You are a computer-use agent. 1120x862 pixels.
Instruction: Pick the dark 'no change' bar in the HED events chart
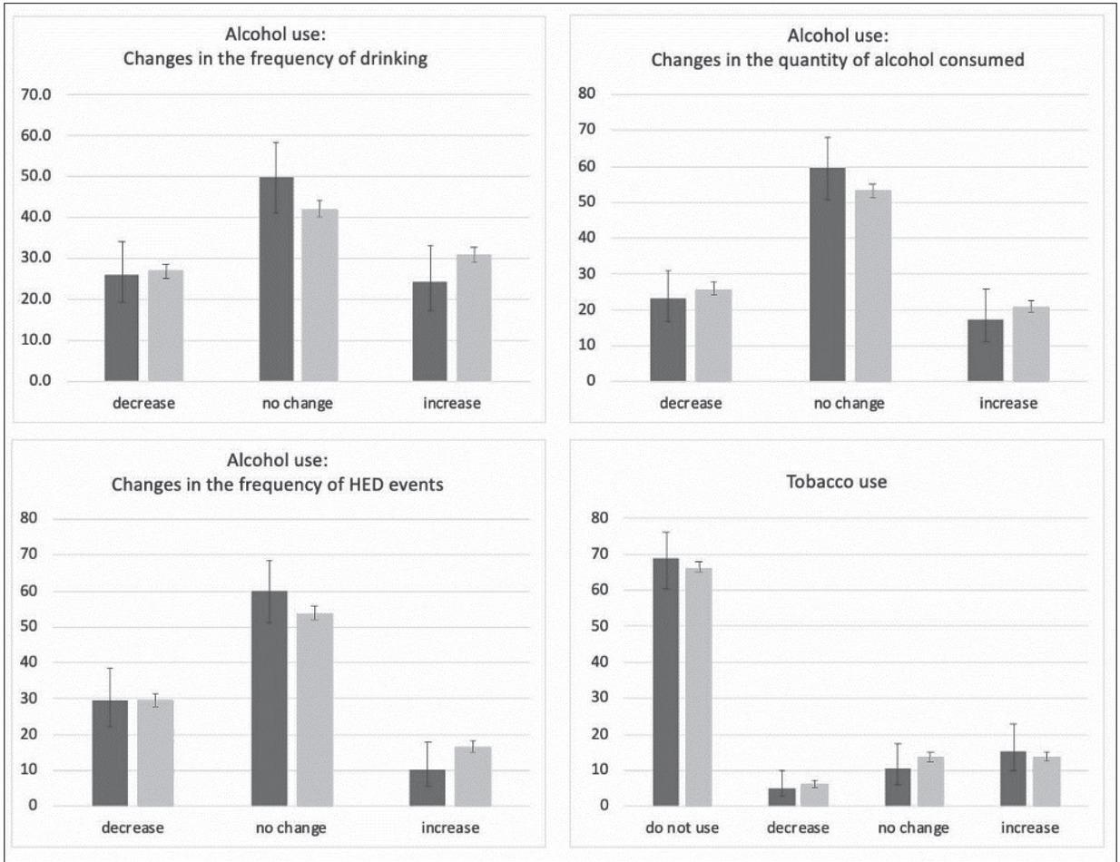pyautogui.click(x=270, y=699)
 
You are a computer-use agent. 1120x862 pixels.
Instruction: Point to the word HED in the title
pyautogui.click(x=375, y=484)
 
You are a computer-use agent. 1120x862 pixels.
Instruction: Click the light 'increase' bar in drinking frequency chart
pyautogui.click(x=474, y=318)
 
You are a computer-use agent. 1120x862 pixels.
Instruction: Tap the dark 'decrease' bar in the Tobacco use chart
pyautogui.click(x=781, y=797)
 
